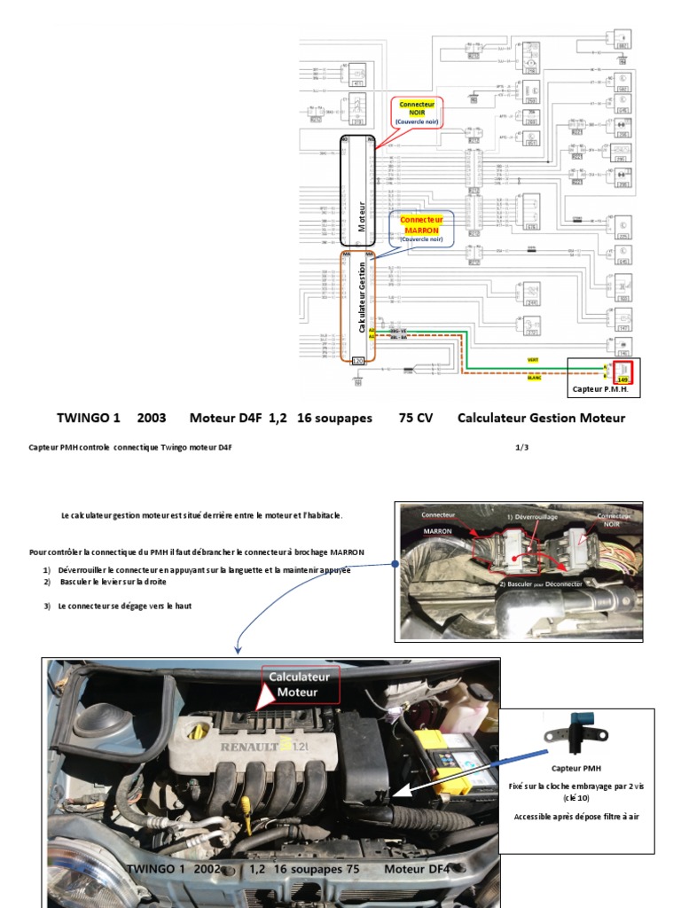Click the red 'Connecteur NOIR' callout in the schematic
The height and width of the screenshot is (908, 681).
coord(417,113)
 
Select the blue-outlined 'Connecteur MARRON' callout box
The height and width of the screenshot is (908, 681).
coord(421,228)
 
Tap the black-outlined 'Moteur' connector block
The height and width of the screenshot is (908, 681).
coord(359,191)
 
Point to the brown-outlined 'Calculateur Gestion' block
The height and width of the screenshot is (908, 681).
coord(359,306)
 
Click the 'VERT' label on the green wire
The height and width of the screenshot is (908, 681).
coord(533,360)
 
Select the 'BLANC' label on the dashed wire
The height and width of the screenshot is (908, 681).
coord(534,379)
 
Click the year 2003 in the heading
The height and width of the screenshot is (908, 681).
coord(152,418)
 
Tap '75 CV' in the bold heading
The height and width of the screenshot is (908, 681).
coord(416,418)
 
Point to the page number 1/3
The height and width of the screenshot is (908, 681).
coord(522,447)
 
